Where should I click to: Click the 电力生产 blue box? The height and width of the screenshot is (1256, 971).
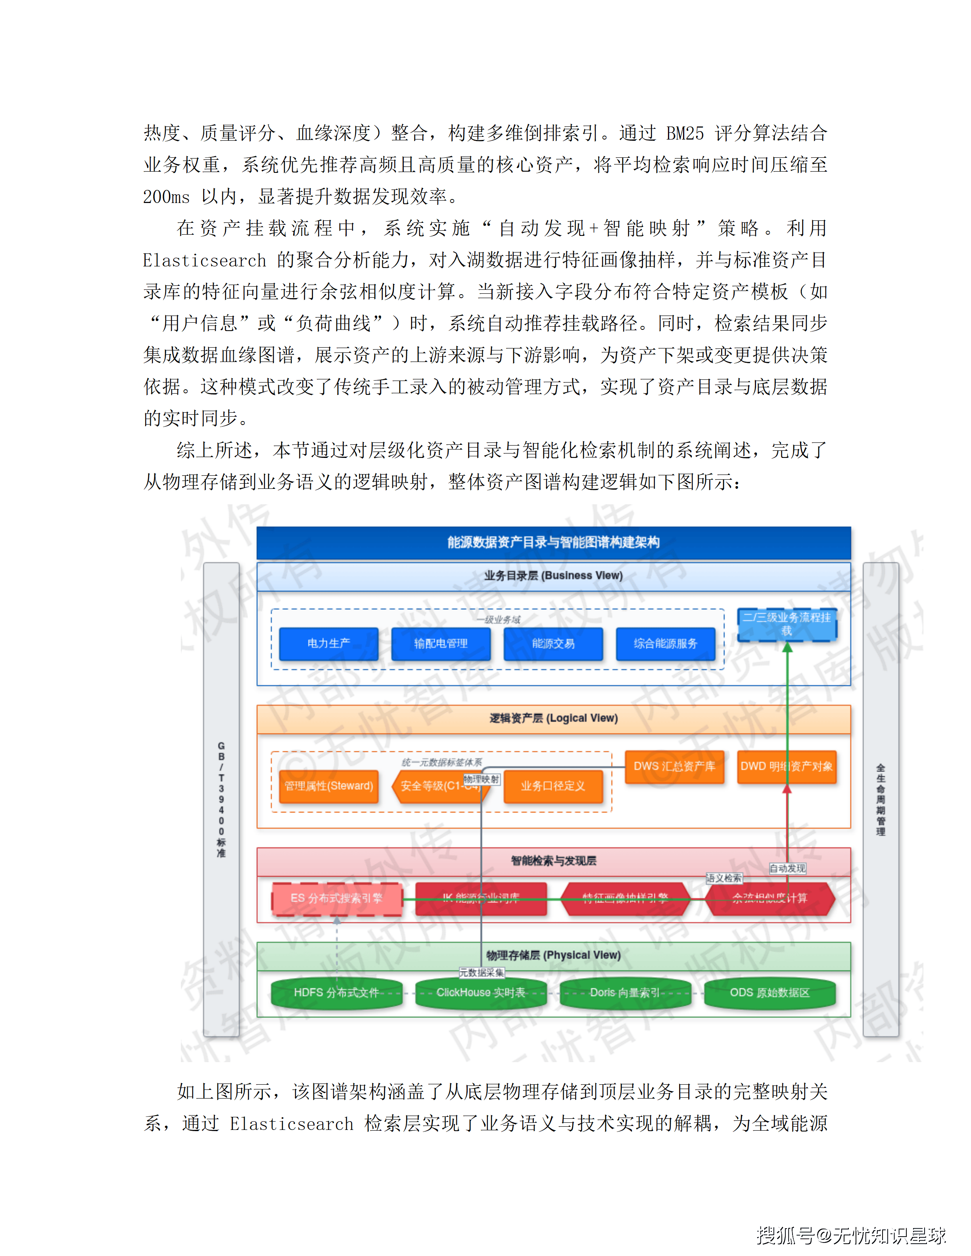pyautogui.click(x=328, y=643)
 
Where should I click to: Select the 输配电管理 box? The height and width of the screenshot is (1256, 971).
pyautogui.click(x=441, y=643)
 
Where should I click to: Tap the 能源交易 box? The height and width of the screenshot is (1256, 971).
pyautogui.click(x=553, y=643)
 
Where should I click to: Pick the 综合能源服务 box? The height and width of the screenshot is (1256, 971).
pyautogui.click(x=666, y=643)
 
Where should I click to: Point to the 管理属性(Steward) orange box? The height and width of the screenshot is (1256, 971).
pyautogui.click(x=328, y=786)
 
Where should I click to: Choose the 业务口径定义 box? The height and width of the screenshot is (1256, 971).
pyautogui.click(x=553, y=786)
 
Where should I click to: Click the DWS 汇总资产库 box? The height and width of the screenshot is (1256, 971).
pyautogui.click(x=674, y=767)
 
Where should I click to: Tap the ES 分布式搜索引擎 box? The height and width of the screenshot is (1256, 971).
pyautogui.click(x=336, y=898)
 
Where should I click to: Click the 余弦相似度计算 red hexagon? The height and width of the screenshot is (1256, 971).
pyautogui.click(x=770, y=898)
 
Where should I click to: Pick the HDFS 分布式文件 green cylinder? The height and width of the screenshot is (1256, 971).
pyautogui.click(x=336, y=993)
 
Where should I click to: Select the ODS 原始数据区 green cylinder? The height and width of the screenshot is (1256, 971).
pyautogui.click(x=770, y=993)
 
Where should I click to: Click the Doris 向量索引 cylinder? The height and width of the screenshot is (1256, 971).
pyautogui.click(x=625, y=993)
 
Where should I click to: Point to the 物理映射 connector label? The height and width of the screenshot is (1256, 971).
pyautogui.click(x=482, y=779)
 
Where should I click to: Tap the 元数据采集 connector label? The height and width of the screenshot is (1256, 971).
pyautogui.click(x=482, y=973)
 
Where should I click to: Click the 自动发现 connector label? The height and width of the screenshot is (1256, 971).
pyautogui.click(x=787, y=868)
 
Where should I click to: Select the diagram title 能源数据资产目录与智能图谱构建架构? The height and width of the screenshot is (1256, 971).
pyautogui.click(x=553, y=542)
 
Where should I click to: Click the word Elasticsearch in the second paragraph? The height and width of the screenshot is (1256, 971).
pyautogui.click(x=204, y=260)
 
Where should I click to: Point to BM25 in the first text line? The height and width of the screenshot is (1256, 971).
pyautogui.click(x=685, y=134)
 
